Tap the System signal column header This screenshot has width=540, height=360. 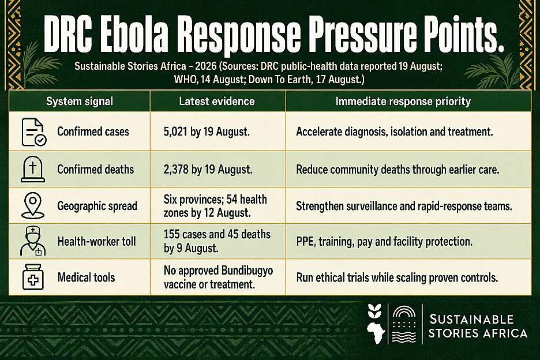coord(80,102)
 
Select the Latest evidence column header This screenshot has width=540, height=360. coord(217,102)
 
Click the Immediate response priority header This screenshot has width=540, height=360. coord(403,102)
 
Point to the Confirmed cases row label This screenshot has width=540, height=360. coord(93,132)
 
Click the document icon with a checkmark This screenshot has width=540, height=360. coord(33,132)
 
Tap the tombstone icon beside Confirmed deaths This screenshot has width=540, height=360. coord(33,169)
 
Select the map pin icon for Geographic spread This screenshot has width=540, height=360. coord(33,205)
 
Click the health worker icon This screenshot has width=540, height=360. coord(33,241)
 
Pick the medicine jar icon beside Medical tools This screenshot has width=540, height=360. coord(33,277)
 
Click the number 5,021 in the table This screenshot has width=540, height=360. coord(175,132)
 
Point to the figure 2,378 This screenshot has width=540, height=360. coord(176,170)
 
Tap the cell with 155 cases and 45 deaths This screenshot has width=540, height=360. coord(217,241)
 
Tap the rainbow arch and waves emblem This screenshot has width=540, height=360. coord(404,324)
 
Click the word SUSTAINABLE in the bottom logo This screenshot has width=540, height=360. coord(472,320)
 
